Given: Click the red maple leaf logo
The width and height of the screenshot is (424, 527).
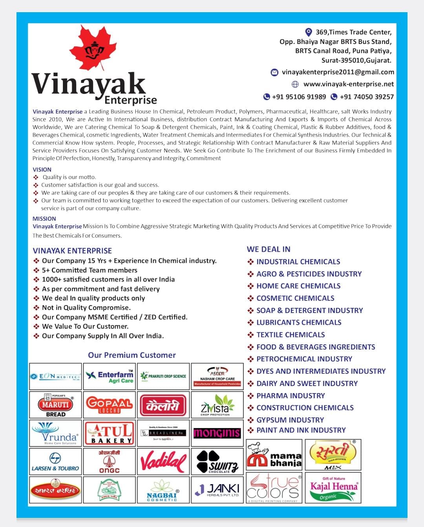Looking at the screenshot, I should point(93,48).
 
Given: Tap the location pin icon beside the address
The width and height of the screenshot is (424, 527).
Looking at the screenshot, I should point(309,32).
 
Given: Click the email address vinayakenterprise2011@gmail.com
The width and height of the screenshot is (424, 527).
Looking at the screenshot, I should point(338,72).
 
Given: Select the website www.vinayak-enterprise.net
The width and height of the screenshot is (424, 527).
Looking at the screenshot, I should point(348,84).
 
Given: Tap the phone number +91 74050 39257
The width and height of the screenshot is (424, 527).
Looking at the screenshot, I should point(366,97).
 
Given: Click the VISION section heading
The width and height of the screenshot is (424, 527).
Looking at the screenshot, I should point(42,170).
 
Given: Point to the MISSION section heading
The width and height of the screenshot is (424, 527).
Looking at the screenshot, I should point(44,219).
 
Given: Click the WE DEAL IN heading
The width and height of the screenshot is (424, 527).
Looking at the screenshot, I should point(269,249).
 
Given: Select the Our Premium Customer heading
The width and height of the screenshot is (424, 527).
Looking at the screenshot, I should point(132,355).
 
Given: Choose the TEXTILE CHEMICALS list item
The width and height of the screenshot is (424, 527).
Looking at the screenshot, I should point(290,335).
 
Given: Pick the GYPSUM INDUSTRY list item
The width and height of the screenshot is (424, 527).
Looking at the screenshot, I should point(290,420).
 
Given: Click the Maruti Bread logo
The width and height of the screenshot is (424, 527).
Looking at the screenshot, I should point(55,404).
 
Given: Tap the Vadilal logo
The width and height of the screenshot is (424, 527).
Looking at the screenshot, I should point(163,461).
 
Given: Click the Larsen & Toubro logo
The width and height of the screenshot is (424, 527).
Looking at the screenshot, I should point(55,461).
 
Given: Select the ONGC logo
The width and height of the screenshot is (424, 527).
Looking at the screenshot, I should point(110,461).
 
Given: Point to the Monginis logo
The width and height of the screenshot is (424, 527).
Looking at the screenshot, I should point(217,433).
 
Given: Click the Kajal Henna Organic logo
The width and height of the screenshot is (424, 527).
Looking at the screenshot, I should point(333,488).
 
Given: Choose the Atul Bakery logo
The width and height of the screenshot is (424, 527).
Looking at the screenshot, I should point(110,433).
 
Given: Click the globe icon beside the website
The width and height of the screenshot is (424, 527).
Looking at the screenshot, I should point(295,84).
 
